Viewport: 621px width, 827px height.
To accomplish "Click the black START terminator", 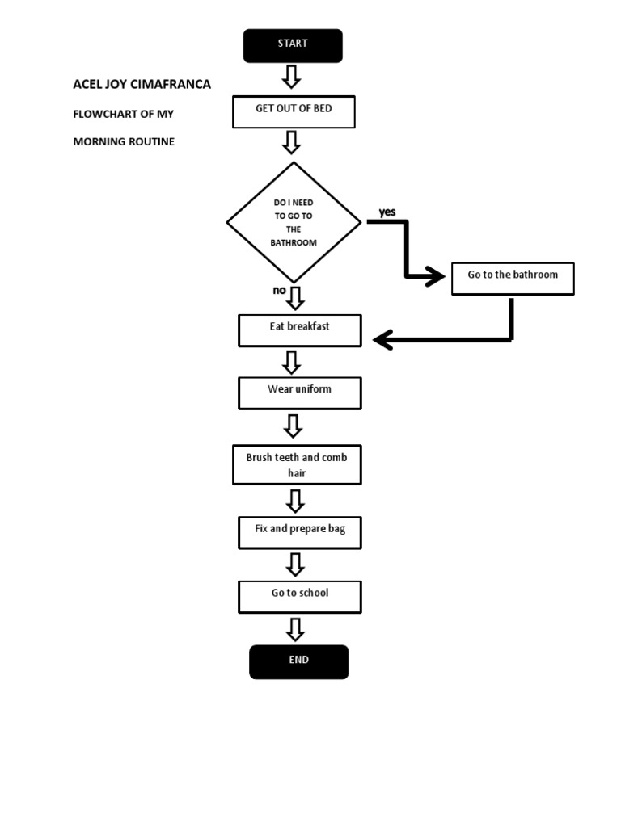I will pyautogui.click(x=293, y=46).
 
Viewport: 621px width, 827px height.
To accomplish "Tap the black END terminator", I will pyautogui.click(x=299, y=661).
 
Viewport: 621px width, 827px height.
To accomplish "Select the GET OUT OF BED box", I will pyautogui.click(x=294, y=111).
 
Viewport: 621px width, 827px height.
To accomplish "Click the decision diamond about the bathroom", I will pyautogui.click(x=294, y=222).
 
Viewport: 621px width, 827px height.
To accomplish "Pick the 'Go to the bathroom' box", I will pyautogui.click(x=513, y=278).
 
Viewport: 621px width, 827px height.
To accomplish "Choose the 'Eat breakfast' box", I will pyautogui.click(x=300, y=330).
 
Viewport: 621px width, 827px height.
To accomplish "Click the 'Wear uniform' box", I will pyautogui.click(x=300, y=393).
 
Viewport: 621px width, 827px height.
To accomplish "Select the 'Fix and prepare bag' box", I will pyautogui.click(x=300, y=532).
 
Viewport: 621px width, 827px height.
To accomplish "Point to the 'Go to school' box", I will pyautogui.click(x=300, y=596).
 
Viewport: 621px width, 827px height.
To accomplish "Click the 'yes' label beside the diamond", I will pyautogui.click(x=387, y=212).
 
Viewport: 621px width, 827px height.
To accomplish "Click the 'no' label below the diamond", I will pyautogui.click(x=279, y=290).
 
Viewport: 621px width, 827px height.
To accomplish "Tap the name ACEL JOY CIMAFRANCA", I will pyautogui.click(x=142, y=84).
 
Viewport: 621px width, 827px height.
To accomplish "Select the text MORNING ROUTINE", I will pyautogui.click(x=124, y=141).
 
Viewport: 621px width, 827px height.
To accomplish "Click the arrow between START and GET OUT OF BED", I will pyautogui.click(x=291, y=78).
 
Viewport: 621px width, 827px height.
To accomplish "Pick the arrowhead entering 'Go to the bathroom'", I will pyautogui.click(x=437, y=278).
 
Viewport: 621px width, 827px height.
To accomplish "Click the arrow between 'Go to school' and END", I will pyautogui.click(x=296, y=629).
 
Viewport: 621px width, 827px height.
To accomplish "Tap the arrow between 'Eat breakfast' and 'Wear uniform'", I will pyautogui.click(x=293, y=362).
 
